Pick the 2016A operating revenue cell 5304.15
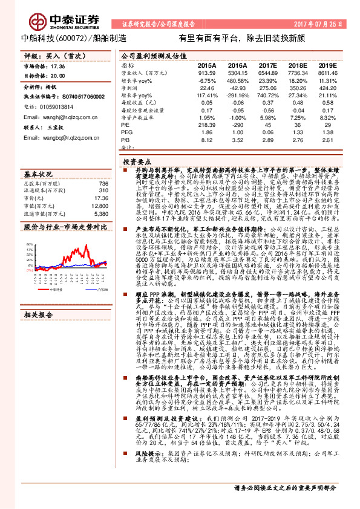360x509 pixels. (238, 72)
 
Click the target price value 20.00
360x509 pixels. (58, 76)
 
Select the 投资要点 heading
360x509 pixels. (137, 163)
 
